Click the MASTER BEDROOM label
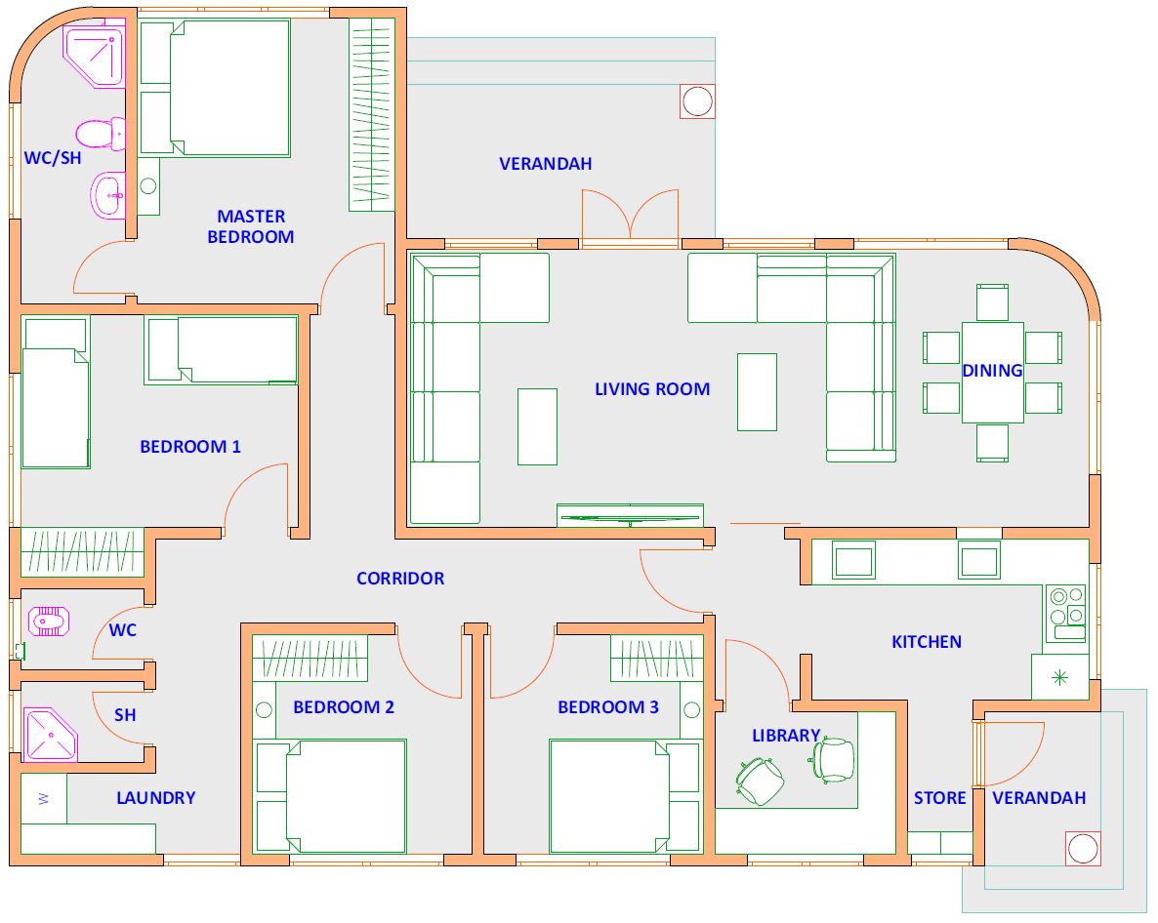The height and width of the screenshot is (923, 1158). click(x=250, y=226)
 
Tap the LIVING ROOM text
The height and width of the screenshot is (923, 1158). click(x=652, y=389)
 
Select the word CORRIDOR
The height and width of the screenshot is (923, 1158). click(x=400, y=579)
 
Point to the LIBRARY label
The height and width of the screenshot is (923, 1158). click(x=786, y=736)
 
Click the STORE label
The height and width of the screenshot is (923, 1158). click(x=939, y=797)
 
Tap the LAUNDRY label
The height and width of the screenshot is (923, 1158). click(x=156, y=797)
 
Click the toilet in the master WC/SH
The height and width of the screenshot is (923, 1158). click(x=101, y=134)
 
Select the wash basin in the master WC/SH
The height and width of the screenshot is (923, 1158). click(x=108, y=195)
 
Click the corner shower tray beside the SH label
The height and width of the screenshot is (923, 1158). click(x=50, y=735)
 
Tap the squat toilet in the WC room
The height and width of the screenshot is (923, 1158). click(x=49, y=622)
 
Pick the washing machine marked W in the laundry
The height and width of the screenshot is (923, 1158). click(x=44, y=798)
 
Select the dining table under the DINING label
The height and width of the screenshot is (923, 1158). click(x=993, y=373)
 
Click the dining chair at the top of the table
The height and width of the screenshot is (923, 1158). click(x=993, y=302)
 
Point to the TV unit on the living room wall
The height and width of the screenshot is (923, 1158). click(x=630, y=515)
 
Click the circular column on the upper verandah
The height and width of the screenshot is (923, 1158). click(x=697, y=101)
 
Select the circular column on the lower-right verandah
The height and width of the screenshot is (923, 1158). click(x=1083, y=849)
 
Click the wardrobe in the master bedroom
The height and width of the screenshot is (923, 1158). click(x=371, y=114)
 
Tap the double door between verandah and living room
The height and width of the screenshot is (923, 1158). click(x=630, y=217)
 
